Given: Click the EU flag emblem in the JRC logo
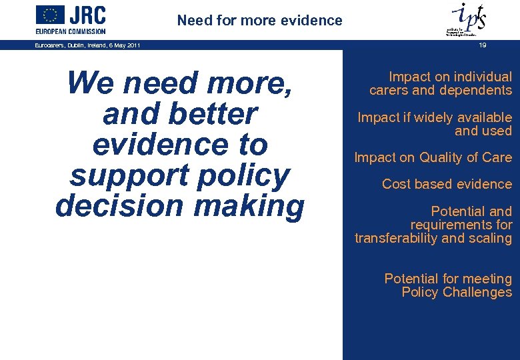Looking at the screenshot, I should pyautogui.click(x=50, y=15).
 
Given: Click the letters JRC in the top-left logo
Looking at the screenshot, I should pyautogui.click(x=87, y=15).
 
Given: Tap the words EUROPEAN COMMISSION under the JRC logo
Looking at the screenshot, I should pyautogui.click(x=70, y=31).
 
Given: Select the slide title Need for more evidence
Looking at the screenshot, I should pyautogui.click(x=259, y=21).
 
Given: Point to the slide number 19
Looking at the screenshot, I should pyautogui.click(x=481, y=45).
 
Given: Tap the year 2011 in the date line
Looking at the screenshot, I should pyautogui.click(x=131, y=45).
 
